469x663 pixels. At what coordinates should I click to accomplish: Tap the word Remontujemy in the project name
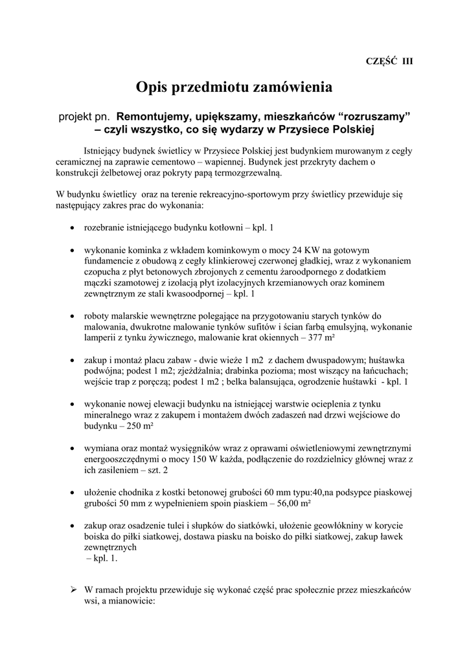[x=154, y=117]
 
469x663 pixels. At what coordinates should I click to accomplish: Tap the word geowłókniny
[x=310, y=525]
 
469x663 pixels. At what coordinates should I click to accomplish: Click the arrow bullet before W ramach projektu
[x=73, y=590]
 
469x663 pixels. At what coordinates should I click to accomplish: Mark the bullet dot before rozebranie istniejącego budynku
[x=71, y=229]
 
